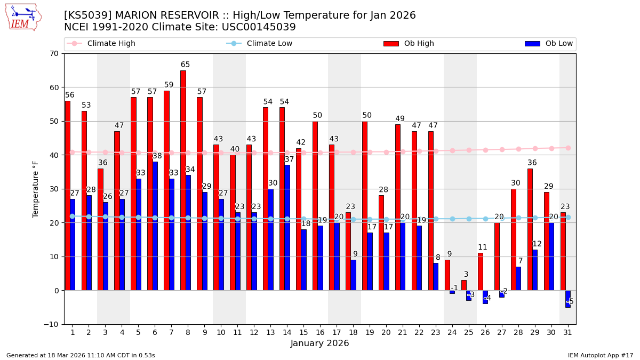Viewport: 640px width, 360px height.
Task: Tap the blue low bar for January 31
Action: point(568,299)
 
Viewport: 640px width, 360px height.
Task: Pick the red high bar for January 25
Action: point(463,285)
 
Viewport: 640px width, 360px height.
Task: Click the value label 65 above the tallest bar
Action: point(185,65)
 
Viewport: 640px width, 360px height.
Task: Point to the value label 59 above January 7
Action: point(169,85)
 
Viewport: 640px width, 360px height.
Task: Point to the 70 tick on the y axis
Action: point(54,53)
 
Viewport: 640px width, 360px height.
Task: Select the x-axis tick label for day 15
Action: point(303,332)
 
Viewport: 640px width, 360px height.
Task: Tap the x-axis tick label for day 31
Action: point(567,332)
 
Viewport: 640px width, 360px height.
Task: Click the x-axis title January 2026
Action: point(319,343)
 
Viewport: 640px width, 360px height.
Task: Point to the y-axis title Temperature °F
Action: point(36,189)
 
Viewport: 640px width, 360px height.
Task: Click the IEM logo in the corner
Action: point(23,17)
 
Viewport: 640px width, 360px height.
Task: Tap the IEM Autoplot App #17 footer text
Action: point(600,355)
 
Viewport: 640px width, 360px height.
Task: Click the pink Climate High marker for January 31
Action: point(568,148)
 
